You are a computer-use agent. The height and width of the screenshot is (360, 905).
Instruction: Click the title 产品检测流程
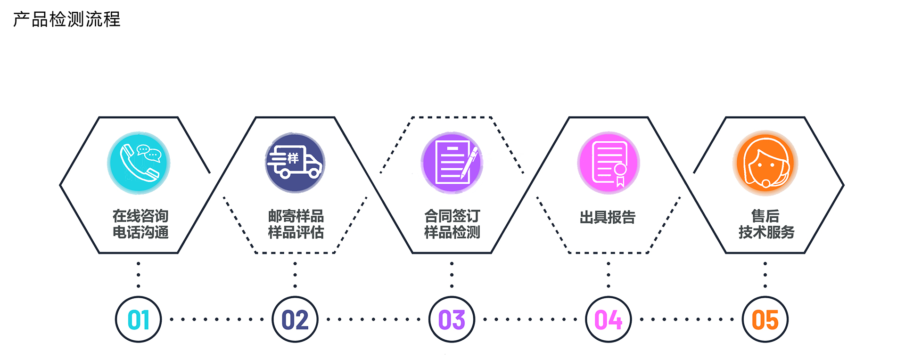coord(66,20)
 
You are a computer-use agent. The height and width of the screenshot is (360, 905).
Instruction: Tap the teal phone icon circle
coord(139,163)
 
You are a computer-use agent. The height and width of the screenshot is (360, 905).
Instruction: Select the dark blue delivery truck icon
coord(295,163)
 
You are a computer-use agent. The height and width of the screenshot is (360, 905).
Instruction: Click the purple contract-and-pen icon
coord(452,163)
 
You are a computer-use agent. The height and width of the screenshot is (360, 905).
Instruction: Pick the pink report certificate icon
coord(609,163)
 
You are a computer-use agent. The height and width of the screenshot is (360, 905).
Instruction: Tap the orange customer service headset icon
coord(765,163)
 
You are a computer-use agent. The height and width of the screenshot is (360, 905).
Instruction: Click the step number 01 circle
coord(139,319)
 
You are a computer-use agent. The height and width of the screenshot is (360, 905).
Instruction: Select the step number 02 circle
coord(295,319)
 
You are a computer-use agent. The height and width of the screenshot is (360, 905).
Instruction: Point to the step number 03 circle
coord(452,319)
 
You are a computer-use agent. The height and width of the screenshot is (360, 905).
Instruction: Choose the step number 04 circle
coord(609,319)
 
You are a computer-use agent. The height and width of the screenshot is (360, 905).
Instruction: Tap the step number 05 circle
coord(765,319)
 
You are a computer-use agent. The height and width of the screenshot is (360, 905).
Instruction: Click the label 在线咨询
coord(140,216)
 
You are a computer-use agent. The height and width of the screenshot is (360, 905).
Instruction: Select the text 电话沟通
coord(140,232)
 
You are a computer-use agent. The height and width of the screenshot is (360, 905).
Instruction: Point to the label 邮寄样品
coord(296,216)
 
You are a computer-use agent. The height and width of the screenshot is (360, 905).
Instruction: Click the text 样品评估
coord(296,232)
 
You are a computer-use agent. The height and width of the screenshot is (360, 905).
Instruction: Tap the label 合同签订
coord(452,216)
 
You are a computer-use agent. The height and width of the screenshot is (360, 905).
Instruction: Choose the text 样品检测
coord(452,232)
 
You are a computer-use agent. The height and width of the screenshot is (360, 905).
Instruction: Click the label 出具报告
coord(608,217)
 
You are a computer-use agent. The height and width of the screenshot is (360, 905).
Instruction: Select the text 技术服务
coord(766,232)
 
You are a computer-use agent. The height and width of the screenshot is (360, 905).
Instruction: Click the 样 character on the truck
coord(293,158)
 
